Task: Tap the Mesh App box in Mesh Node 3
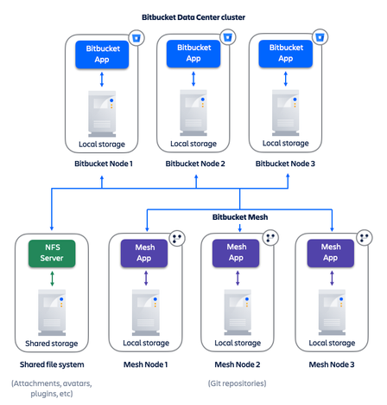(331, 252)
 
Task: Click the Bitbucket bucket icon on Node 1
(135, 38)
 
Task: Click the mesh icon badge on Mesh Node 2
(270, 237)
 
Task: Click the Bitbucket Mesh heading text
(238, 217)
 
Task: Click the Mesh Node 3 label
(332, 363)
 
